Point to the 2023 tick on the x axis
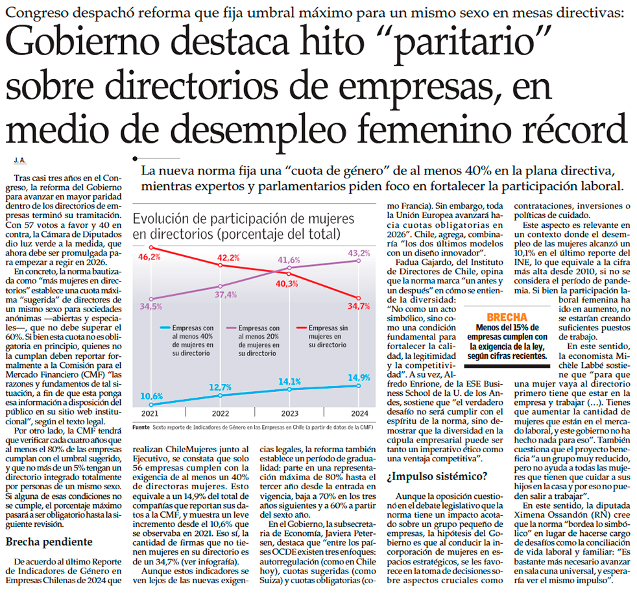(x=289, y=414)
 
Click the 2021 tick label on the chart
(x=149, y=414)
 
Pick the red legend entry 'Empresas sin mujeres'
(x=327, y=337)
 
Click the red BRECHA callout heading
(x=507, y=317)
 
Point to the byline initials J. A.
(x=19, y=160)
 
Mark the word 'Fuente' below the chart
(x=141, y=428)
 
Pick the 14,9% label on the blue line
(x=359, y=378)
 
